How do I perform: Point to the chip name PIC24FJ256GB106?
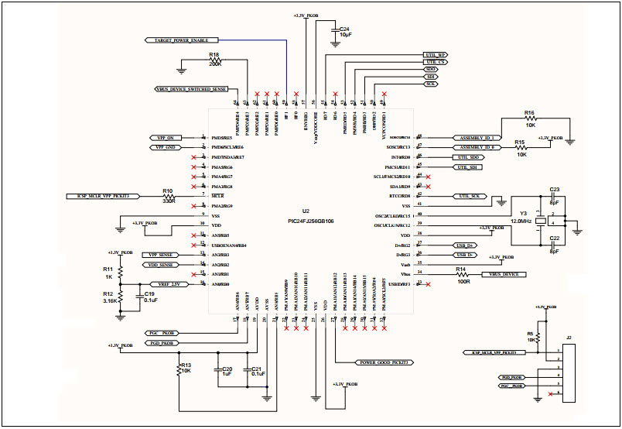pyautogui.click(x=311, y=221)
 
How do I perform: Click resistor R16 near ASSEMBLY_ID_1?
pyautogui.click(x=530, y=118)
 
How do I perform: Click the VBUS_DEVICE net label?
pyautogui.click(x=503, y=275)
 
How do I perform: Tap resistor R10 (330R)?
pyautogui.click(x=168, y=197)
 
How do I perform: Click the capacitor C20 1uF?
pyautogui.click(x=227, y=370)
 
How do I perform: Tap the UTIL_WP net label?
pyautogui.click(x=435, y=56)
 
